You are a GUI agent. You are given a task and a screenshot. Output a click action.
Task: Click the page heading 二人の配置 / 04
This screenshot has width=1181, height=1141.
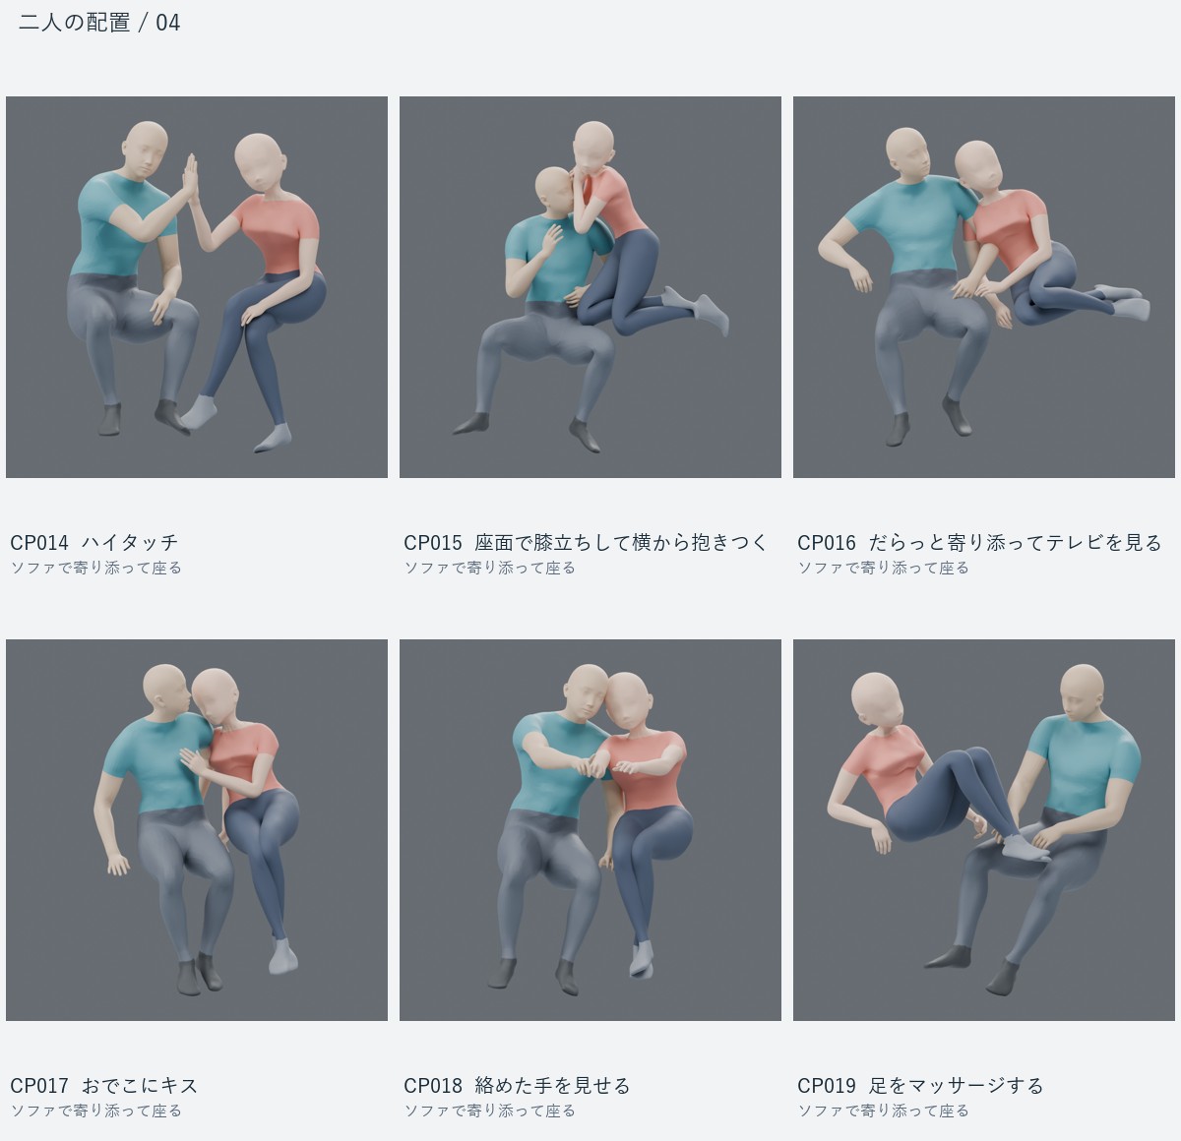click(99, 23)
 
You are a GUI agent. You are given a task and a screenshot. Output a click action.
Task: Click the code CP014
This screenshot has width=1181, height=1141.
click(39, 542)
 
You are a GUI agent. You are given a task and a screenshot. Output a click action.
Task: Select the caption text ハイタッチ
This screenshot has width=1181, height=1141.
click(130, 542)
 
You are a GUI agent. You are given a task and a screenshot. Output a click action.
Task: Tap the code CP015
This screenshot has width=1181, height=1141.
click(433, 542)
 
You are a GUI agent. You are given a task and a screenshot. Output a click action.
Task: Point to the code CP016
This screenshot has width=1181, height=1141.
click(827, 542)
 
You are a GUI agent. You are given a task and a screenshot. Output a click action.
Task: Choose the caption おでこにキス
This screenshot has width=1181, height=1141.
click(140, 1085)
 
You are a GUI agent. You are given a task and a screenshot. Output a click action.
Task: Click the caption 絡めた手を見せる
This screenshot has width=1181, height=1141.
click(552, 1085)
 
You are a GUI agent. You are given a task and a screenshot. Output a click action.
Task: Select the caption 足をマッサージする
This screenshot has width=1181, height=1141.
click(956, 1085)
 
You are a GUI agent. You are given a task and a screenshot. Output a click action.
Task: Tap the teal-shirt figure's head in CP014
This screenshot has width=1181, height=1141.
click(146, 150)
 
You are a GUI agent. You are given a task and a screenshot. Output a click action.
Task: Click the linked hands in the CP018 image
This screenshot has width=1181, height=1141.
click(591, 769)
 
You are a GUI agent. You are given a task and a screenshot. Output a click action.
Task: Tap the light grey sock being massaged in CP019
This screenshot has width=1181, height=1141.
click(1025, 848)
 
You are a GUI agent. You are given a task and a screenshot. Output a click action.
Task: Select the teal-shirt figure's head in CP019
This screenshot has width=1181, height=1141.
click(1082, 693)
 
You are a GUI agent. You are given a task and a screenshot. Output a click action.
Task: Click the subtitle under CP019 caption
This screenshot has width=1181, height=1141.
click(883, 1111)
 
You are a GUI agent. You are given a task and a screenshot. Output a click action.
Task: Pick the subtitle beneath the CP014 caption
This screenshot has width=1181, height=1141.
click(95, 568)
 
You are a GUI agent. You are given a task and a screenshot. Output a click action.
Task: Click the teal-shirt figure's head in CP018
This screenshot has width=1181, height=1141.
click(586, 694)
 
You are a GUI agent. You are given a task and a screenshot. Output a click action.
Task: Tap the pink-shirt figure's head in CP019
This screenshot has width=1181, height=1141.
click(877, 700)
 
